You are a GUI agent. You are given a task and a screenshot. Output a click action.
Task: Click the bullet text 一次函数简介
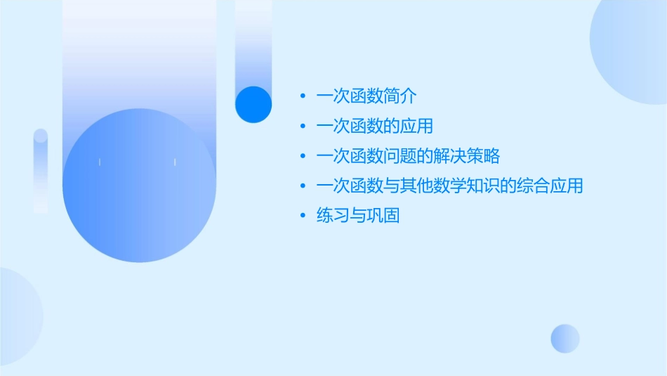tap(368, 96)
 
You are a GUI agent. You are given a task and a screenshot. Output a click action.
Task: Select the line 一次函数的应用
tap(375, 127)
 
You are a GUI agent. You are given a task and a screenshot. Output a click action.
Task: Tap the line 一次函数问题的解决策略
tap(408, 156)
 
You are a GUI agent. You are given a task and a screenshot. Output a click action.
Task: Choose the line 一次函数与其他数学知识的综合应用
tap(449, 186)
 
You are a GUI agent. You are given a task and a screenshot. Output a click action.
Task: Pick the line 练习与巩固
tap(358, 216)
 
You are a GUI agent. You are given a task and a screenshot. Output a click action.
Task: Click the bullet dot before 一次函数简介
tap(303, 96)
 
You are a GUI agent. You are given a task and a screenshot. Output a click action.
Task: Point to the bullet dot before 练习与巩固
tap(303, 216)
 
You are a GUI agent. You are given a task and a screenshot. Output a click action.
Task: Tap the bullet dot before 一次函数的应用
tap(303, 127)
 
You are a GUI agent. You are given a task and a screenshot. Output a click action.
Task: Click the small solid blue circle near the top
tap(253, 104)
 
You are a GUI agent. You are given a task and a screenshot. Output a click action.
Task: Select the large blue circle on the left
tap(139, 186)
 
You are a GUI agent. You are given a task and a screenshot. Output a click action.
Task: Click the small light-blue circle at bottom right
tap(565, 338)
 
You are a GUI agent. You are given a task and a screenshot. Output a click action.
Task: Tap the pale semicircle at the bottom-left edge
tap(18, 316)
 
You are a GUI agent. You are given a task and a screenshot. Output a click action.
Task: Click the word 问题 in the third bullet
tap(401, 156)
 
